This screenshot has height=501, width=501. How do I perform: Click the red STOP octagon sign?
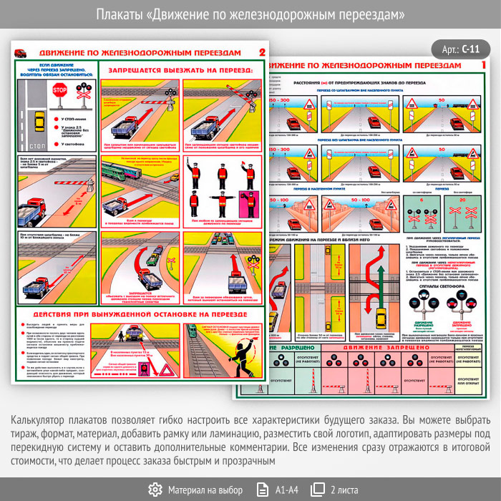tap(59, 90)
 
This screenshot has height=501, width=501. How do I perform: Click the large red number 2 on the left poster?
tap(261, 52)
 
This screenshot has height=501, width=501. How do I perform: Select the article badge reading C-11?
tap(461, 49)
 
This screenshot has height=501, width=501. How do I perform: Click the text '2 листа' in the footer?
tap(345, 490)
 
